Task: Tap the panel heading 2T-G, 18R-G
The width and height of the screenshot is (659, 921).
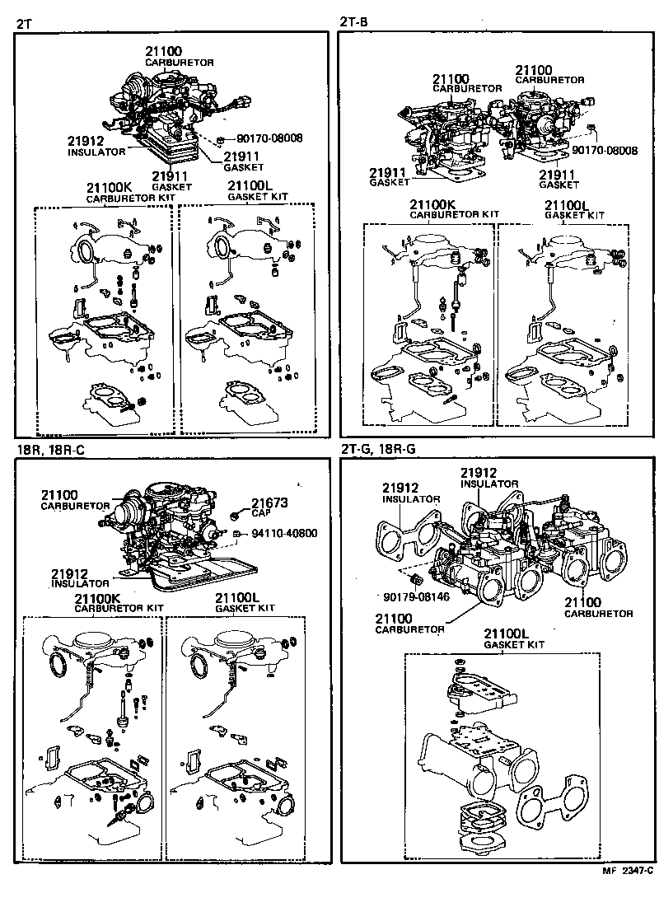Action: click(x=376, y=450)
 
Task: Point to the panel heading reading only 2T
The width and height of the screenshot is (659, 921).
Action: click(x=25, y=22)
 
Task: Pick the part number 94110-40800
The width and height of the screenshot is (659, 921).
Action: click(x=283, y=533)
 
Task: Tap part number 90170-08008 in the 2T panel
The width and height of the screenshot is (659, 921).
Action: click(x=269, y=138)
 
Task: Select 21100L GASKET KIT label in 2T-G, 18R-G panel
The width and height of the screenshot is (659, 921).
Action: click(x=511, y=638)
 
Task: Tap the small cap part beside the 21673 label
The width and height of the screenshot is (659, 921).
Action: click(x=235, y=516)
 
